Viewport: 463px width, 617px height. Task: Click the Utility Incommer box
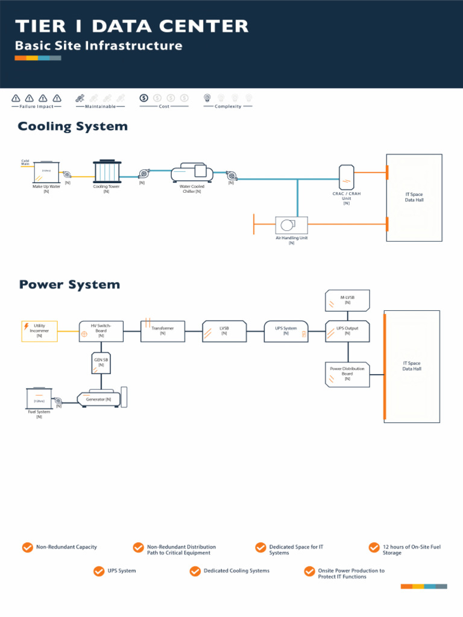39,331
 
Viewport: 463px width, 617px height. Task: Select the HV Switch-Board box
101,331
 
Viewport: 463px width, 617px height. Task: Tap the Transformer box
163,331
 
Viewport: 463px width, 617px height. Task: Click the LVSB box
224,331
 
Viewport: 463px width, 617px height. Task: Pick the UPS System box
286,331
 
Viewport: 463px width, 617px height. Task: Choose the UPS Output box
347,331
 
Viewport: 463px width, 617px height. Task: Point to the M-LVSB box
347,300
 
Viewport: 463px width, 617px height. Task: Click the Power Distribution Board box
347,374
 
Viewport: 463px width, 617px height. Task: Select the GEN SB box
101,363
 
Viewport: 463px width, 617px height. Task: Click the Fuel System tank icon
39,398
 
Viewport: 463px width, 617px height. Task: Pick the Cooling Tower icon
107,171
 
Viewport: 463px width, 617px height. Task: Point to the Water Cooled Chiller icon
192,174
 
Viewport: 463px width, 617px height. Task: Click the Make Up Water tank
46,172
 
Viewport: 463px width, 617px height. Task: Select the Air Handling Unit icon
291,225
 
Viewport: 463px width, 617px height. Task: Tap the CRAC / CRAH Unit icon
347,177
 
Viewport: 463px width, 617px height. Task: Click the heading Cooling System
73,127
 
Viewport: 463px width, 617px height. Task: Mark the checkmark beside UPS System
99,571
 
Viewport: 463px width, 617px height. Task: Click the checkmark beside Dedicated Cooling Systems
195,571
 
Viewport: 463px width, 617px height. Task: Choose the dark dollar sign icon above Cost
143,98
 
